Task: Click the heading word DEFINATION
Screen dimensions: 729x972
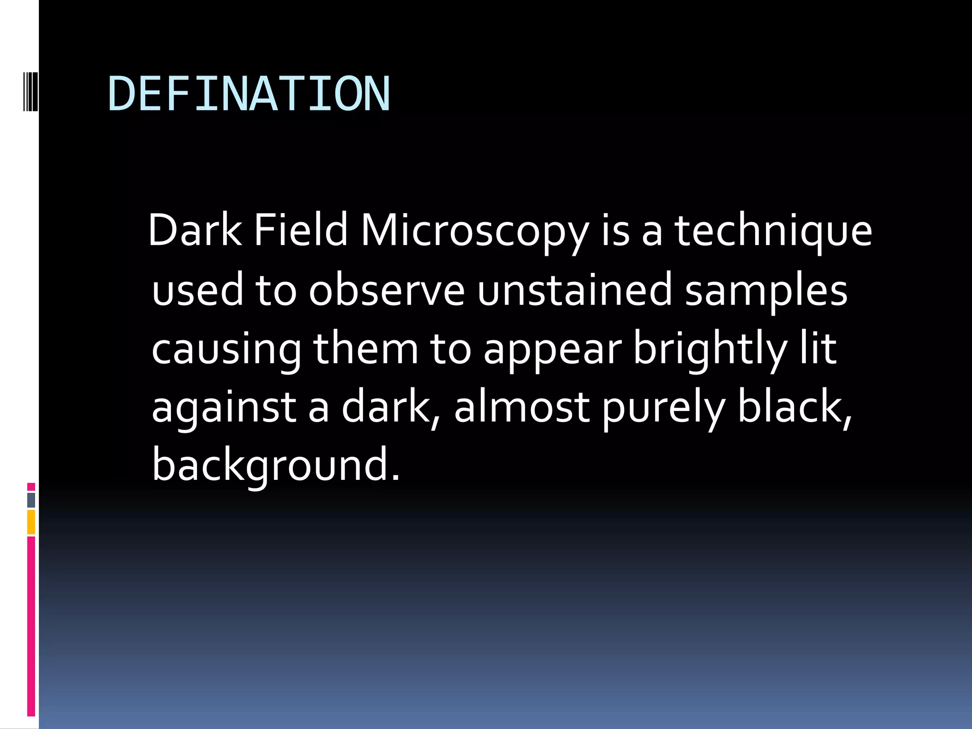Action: click(x=249, y=94)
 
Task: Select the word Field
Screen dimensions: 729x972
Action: click(x=301, y=231)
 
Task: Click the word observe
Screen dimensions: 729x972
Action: click(x=387, y=290)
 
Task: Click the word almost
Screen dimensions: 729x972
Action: click(x=522, y=407)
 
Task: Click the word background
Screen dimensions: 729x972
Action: click(x=275, y=466)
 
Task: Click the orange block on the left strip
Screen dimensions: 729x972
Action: click(x=31, y=522)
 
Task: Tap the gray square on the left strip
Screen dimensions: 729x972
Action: click(x=31, y=500)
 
